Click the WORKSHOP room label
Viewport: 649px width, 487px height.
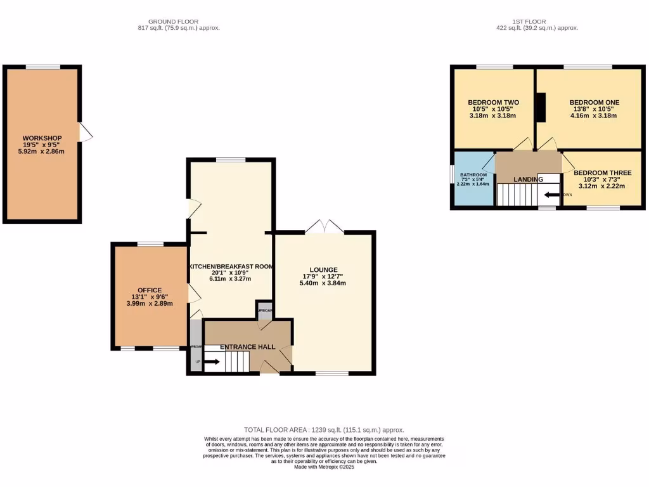pos(42,138)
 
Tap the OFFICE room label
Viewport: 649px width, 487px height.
pos(150,290)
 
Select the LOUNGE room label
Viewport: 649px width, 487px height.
pos(324,269)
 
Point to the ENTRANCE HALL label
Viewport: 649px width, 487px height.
pos(248,347)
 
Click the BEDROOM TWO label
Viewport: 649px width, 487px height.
pos(494,102)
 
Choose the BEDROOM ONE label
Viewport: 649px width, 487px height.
pos(594,102)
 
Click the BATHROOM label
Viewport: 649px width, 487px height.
pos(473,175)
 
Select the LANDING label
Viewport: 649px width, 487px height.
pos(529,179)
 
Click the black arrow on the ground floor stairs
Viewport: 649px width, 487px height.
pos(212,362)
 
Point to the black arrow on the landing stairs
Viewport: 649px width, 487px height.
pos(551,195)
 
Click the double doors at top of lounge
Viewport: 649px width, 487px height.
pos(323,226)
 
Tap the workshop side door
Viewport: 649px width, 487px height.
pos(85,132)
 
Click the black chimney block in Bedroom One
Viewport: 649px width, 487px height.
pos(541,107)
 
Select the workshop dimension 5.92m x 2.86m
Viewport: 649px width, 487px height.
pos(42,152)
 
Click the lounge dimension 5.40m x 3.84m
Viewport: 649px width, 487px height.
pos(324,283)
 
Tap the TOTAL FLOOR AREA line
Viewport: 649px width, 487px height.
pos(324,430)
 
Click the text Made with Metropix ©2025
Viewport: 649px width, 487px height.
pos(324,467)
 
